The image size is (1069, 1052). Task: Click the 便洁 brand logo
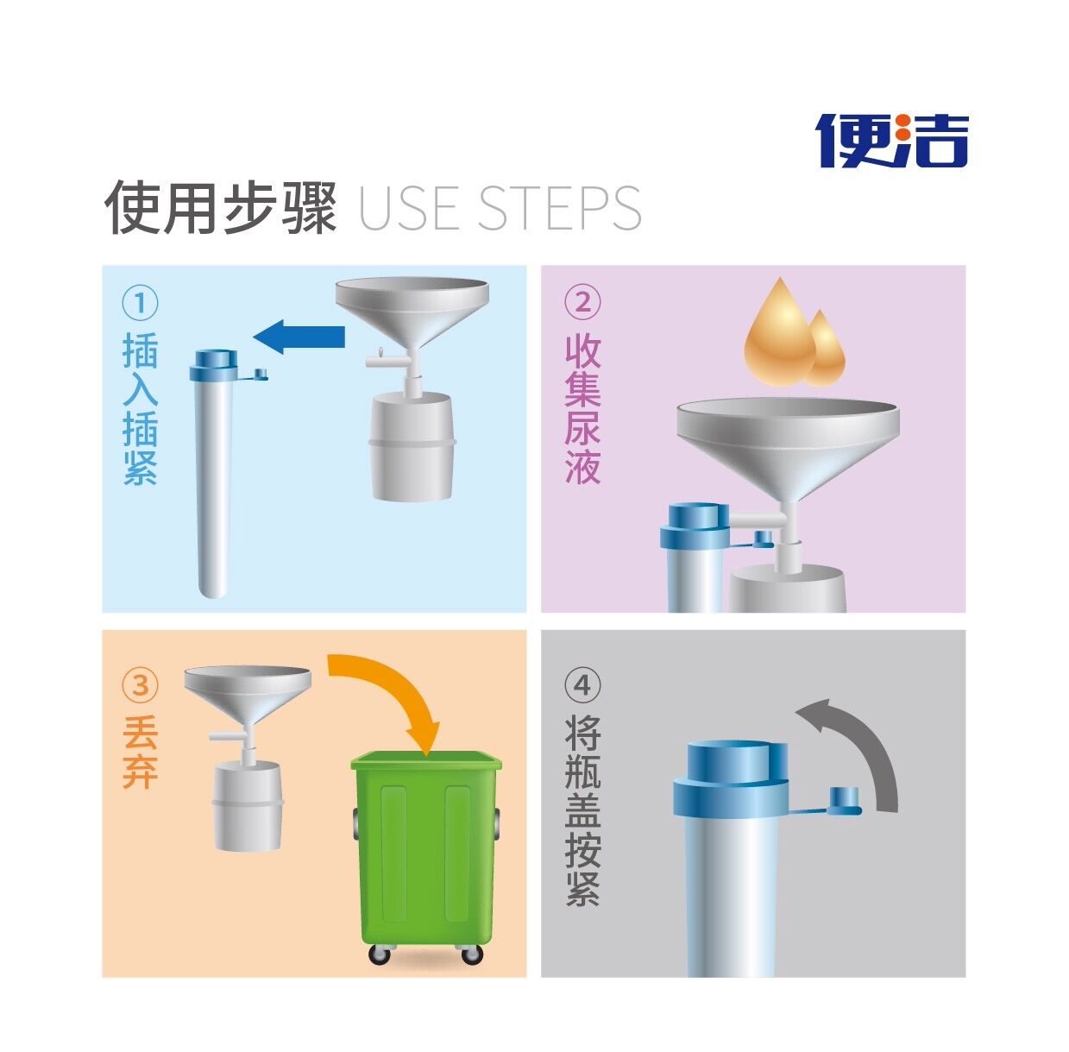tap(891, 141)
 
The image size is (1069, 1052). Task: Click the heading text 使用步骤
tap(220, 207)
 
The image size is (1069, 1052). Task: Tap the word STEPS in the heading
tap(559, 208)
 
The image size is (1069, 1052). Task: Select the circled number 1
tap(140, 303)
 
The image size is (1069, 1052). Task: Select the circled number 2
tap(582, 303)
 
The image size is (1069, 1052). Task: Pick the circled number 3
tap(140, 685)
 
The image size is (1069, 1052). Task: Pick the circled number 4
tap(582, 685)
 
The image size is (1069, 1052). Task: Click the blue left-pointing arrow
tap(299, 337)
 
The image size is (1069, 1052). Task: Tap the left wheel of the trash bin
tap(380, 953)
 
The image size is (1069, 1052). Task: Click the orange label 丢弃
tap(140, 753)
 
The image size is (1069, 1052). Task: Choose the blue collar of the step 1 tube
tap(214, 365)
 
